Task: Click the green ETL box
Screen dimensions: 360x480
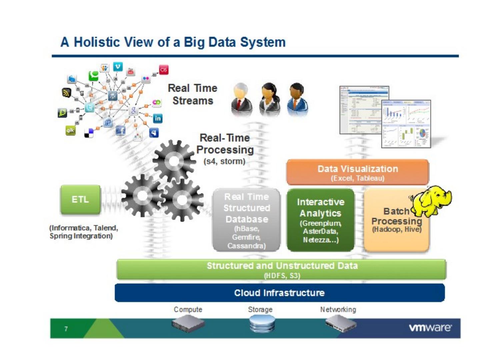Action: coord(80,199)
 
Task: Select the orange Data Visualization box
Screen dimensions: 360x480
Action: coord(358,172)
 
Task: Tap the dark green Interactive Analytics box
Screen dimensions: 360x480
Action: coord(320,220)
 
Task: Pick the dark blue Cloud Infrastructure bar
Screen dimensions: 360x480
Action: coord(279,293)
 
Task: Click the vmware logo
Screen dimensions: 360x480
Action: coord(430,328)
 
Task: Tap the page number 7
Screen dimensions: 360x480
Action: coord(66,329)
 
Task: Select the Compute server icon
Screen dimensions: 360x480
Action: coord(188,324)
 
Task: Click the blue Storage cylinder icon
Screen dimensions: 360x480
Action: coord(262,324)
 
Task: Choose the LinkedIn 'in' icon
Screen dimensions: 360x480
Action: coord(157,118)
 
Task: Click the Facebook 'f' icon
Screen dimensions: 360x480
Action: coord(121,130)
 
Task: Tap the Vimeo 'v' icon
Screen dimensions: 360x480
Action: coord(118,67)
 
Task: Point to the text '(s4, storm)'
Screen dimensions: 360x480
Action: coord(224,161)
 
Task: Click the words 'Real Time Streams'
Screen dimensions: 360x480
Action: coord(193,94)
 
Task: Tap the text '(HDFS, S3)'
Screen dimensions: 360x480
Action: coord(282,276)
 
